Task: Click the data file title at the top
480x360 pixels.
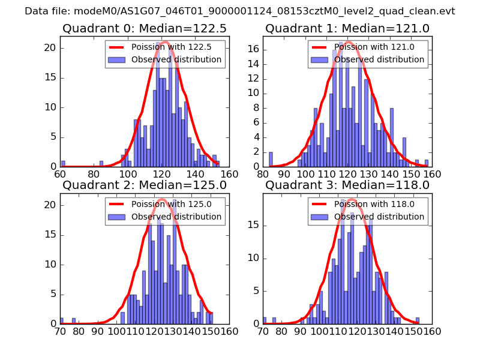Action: (240, 11)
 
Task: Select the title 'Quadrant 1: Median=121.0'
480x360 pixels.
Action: (347, 28)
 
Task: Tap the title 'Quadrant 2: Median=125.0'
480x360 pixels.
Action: (145, 185)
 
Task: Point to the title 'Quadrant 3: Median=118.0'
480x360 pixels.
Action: (347, 185)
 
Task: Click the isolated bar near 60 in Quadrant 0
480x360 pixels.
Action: (63, 164)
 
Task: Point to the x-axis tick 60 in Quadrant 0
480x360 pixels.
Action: (60, 174)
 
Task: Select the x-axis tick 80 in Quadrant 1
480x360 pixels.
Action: (263, 174)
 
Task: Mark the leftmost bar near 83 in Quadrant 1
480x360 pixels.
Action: (271, 159)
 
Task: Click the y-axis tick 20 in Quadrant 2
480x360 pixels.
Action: (52, 205)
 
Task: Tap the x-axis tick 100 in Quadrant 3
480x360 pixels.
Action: (314, 331)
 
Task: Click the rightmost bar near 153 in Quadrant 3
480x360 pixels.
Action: (417, 321)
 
